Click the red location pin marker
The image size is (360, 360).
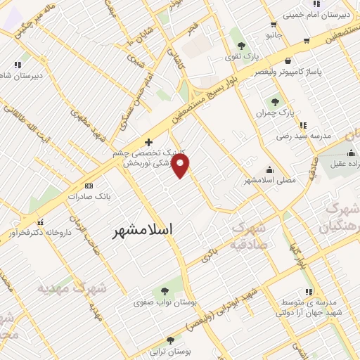click(181, 167)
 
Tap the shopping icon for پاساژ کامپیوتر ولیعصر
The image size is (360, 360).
click(288, 60)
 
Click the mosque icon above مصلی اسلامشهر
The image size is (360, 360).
click(269, 169)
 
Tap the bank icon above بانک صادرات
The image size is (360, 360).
click(89, 186)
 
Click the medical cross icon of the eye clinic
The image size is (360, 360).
click(148, 141)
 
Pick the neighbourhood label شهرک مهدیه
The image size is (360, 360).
click(72, 288)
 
